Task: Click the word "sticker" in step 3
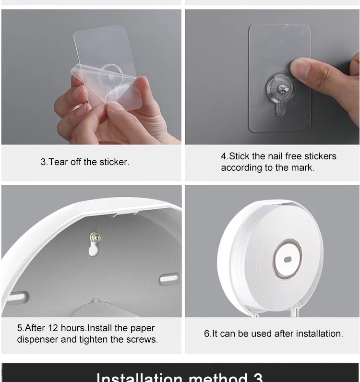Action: tap(114, 162)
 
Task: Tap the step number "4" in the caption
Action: tap(224, 156)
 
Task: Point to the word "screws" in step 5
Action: tap(142, 339)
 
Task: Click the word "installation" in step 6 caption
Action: tap(318, 334)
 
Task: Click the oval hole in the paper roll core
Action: tap(288, 259)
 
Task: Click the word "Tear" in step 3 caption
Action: tap(59, 162)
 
